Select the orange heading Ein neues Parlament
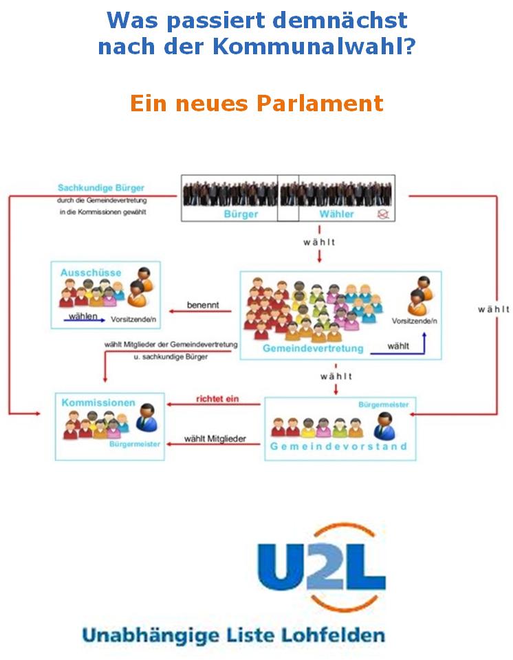tap(256, 103)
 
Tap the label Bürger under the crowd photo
tap(241, 214)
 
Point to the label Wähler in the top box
tap(336, 214)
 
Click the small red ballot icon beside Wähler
tap(382, 214)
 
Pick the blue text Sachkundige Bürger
tap(100, 187)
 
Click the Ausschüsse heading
tap(90, 273)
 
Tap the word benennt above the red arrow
tap(204, 304)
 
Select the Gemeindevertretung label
tap(313, 349)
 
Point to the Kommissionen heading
tap(98, 402)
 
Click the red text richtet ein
tap(217, 398)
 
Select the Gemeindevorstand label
tap(339, 446)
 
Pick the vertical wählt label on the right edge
tap(494, 310)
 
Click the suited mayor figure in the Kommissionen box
tap(146, 417)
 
